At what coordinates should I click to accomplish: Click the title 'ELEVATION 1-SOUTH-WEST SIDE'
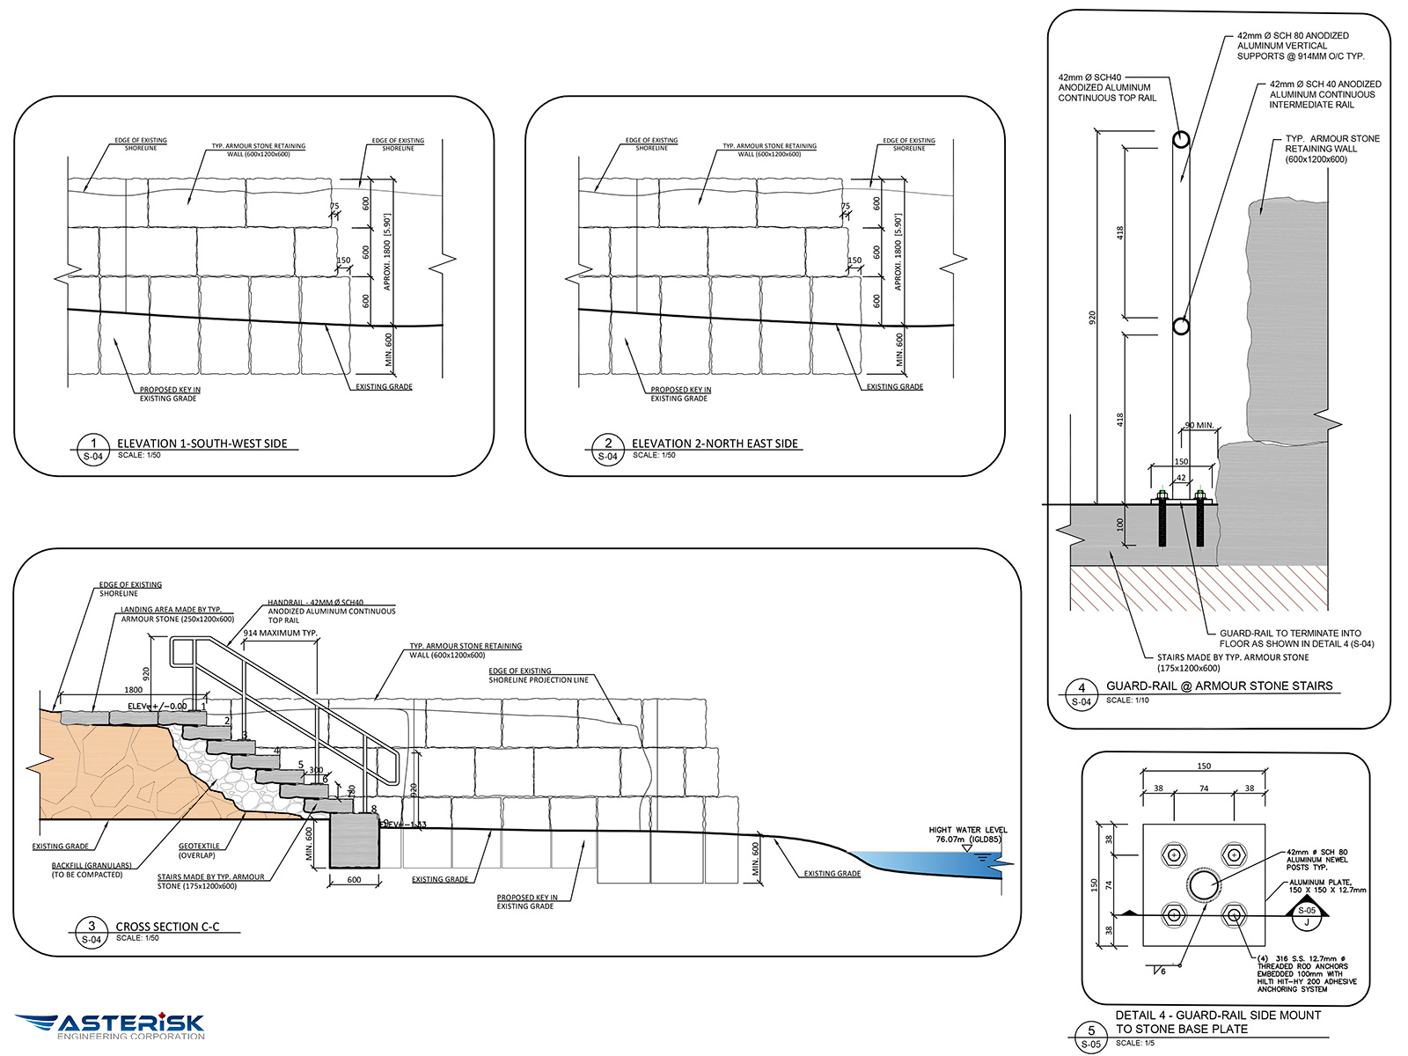tap(202, 444)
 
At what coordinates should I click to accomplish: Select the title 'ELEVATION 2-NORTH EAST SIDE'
tap(715, 444)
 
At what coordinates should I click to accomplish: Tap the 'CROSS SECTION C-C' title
tap(167, 927)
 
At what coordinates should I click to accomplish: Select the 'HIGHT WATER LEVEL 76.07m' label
tap(967, 834)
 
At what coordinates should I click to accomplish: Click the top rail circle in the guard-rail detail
tap(1181, 140)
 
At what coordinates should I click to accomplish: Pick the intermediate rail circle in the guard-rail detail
tap(1181, 326)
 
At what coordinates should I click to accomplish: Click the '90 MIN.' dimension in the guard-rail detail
tap(1199, 426)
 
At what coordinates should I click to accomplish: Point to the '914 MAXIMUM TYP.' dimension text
tap(280, 633)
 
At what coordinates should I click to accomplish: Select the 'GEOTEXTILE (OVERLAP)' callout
tap(199, 850)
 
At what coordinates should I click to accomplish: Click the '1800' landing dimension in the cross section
tap(134, 690)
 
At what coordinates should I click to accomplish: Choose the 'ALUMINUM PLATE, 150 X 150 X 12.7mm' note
tap(1327, 885)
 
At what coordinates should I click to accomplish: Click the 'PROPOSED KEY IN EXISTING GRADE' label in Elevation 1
tap(169, 394)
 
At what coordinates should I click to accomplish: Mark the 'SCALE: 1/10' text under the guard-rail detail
tap(1127, 700)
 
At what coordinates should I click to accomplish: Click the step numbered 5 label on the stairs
tap(301, 765)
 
